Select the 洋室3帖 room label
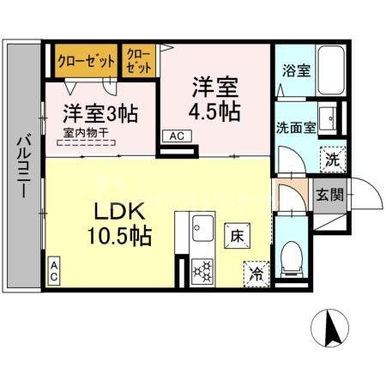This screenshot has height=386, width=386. (100, 112)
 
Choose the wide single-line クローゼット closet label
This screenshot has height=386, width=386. (87, 62)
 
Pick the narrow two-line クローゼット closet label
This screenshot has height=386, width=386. (137, 62)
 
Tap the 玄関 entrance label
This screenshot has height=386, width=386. (329, 194)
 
